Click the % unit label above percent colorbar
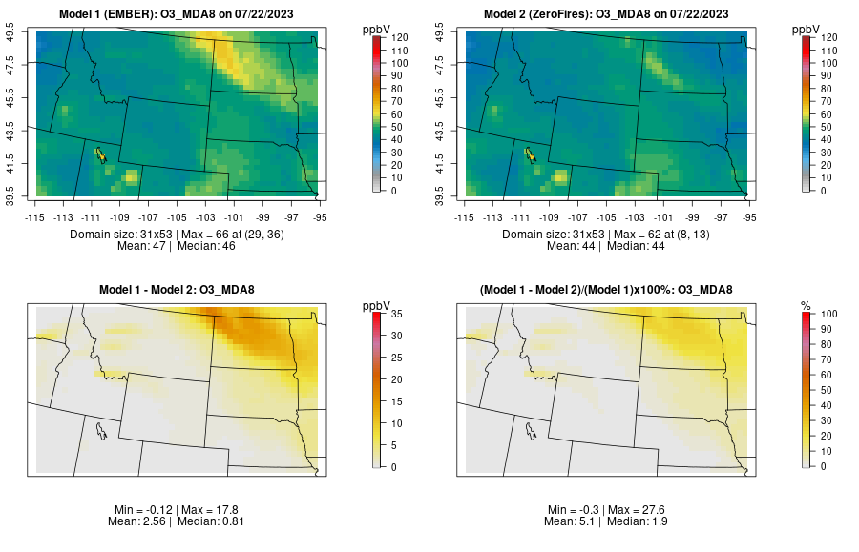[806, 306]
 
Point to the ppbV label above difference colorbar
[377, 306]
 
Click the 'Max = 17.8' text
[211, 510]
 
